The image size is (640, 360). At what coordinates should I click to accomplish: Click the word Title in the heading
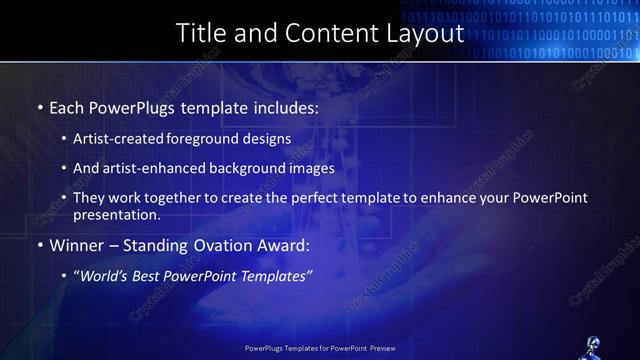200,32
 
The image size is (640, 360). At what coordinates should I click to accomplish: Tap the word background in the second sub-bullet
245,169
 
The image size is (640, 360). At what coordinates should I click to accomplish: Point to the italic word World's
103,275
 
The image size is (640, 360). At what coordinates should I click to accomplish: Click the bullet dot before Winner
40,245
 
